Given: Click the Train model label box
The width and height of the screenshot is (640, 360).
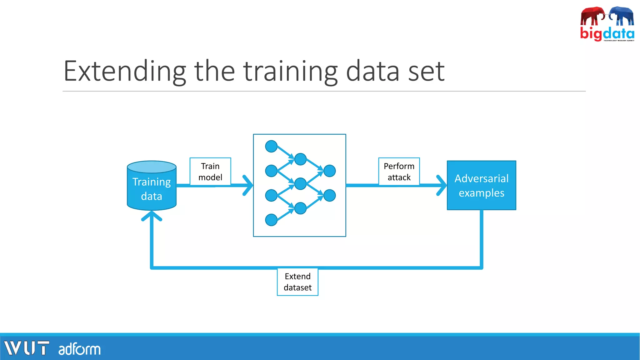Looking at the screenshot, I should [210, 172].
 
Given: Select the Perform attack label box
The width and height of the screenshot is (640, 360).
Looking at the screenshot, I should [399, 172].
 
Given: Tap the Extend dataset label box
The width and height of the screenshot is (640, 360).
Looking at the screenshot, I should [297, 282].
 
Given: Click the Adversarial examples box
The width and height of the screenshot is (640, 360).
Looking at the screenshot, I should [481, 185].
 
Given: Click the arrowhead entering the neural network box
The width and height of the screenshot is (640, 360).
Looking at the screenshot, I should [248, 185].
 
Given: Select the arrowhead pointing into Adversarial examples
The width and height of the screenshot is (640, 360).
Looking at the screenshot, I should [442, 185].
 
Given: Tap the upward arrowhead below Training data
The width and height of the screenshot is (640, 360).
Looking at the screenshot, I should [152, 216].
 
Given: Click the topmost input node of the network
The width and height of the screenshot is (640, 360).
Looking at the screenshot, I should [271, 146].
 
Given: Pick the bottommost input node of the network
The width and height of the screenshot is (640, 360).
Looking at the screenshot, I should [271, 220].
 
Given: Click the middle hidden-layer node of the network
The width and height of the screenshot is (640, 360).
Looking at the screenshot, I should [300, 184].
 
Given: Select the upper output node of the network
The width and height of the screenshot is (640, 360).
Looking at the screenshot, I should [329, 171].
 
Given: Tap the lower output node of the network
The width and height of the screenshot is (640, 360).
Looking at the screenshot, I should [329, 196].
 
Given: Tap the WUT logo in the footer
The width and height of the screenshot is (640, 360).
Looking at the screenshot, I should [27, 348].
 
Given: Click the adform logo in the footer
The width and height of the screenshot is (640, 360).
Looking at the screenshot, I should [79, 349].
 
